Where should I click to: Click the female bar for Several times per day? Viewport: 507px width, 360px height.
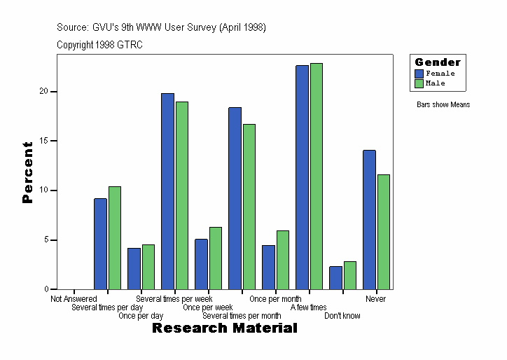pyautogui.click(x=101, y=244)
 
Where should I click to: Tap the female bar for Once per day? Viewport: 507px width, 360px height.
pyautogui.click(x=134, y=268)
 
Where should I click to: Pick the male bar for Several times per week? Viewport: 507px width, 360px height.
pyautogui.click(x=182, y=195)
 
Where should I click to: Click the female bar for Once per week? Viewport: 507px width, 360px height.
pyautogui.click(x=201, y=264)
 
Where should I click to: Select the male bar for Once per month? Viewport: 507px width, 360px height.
pyautogui.click(x=282, y=260)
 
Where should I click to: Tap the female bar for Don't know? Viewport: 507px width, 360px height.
pyautogui.click(x=335, y=277)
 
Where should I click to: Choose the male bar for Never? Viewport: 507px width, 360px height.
pyautogui.click(x=384, y=232)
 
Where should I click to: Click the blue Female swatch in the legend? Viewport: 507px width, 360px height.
pyautogui.click(x=419, y=74)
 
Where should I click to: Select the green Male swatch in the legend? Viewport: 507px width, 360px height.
pyautogui.click(x=419, y=83)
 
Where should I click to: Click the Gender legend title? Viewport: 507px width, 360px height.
pyautogui.click(x=438, y=62)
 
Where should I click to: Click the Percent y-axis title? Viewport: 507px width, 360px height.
pyautogui.click(x=27, y=172)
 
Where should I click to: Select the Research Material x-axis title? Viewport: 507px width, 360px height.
pyautogui.click(x=224, y=328)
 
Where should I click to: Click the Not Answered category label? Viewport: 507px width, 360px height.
pyautogui.click(x=74, y=299)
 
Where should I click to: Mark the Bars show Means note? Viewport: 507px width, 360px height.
pyautogui.click(x=443, y=105)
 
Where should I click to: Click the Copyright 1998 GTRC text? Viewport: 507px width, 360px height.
pyautogui.click(x=99, y=45)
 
